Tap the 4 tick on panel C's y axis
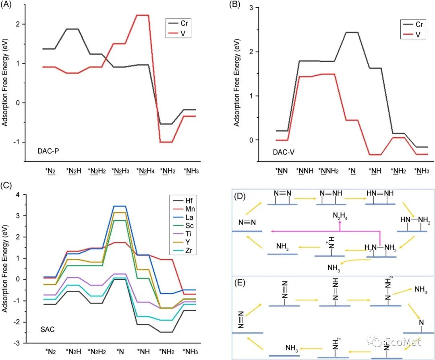point(17,195)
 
